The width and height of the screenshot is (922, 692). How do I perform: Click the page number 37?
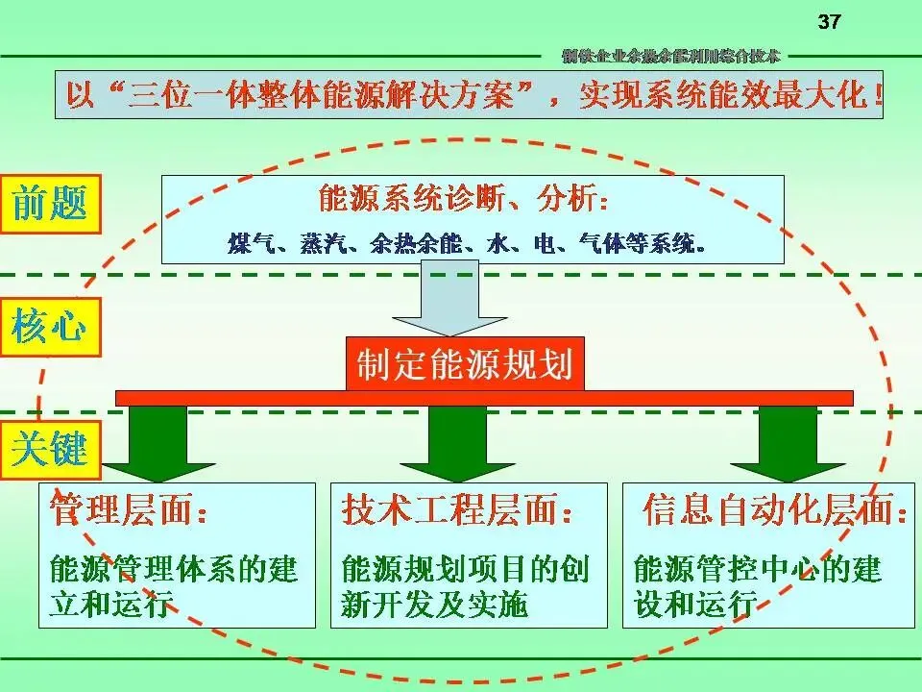pyautogui.click(x=829, y=22)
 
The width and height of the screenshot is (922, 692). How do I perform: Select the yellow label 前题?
pyautogui.click(x=49, y=205)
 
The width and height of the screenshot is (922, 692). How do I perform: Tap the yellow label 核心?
pyautogui.click(x=49, y=328)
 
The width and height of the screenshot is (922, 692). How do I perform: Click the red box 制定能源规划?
pyautogui.click(x=465, y=364)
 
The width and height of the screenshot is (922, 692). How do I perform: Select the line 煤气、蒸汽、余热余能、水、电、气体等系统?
pyautogui.click(x=468, y=242)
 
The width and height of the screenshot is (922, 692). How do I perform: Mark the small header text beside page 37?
pyautogui.click(x=671, y=56)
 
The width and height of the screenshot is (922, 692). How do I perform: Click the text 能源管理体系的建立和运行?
pyautogui.click(x=174, y=586)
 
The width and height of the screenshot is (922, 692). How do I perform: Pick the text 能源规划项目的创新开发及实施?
pyautogui.click(x=464, y=586)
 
